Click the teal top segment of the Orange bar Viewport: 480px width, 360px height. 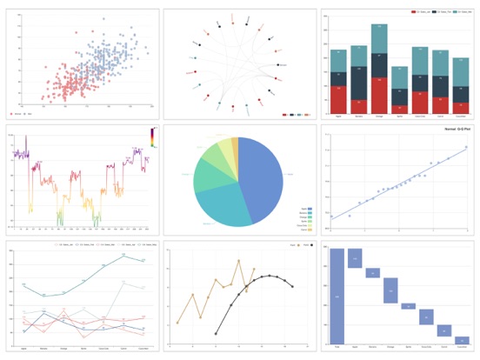pyautogui.click(x=378, y=40)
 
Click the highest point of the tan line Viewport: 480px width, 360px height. pyautogui.click(x=239, y=261)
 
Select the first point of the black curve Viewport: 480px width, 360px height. pyautogui.click(x=217, y=331)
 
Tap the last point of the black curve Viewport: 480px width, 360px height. pyautogui.click(x=292, y=286)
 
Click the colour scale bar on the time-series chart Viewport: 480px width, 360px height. pyautogui.click(x=152, y=137)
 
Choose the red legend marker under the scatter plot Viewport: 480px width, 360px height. pyautogui.click(x=13, y=114)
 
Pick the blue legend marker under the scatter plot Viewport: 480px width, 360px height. pyautogui.click(x=25, y=114)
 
